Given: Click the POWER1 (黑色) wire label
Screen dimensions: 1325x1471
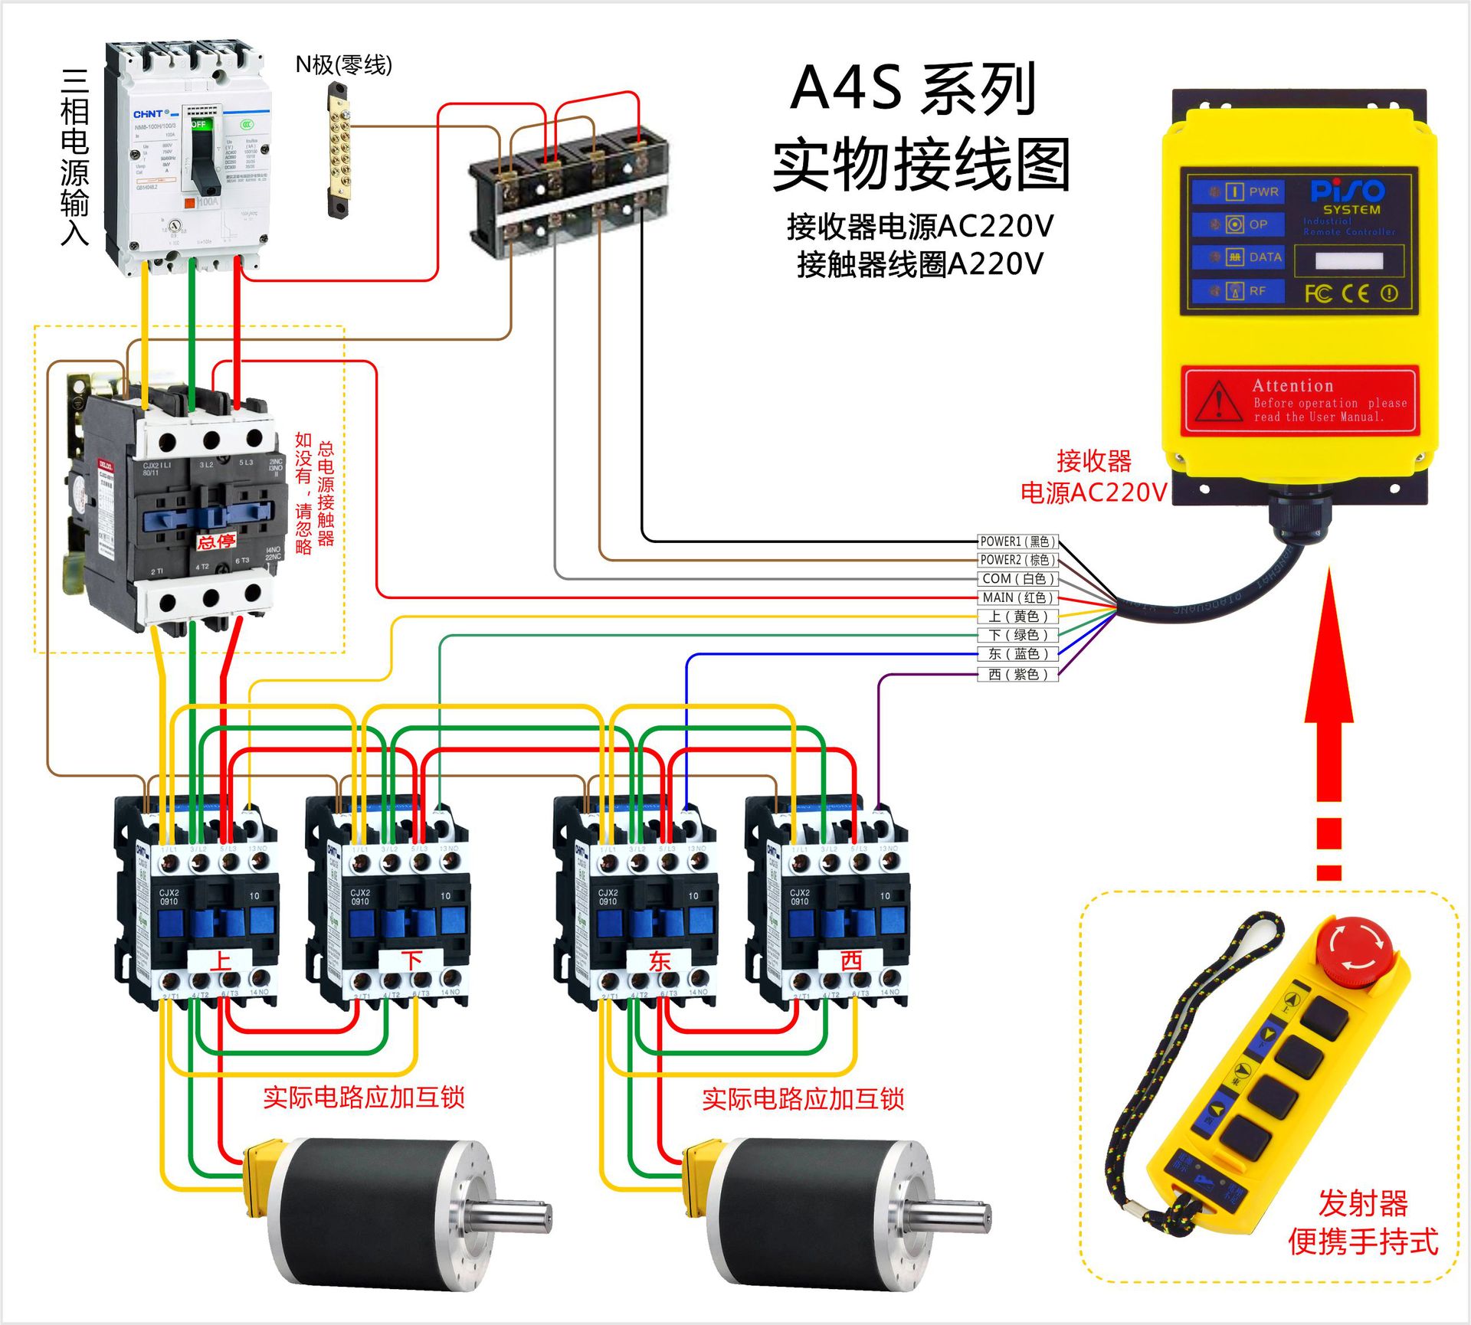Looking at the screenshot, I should (1017, 541).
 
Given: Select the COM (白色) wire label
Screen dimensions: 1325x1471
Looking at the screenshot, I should (1017, 579).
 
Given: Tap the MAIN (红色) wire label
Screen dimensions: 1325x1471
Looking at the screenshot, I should (1017, 597).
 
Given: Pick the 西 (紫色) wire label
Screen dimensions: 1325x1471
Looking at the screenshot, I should (1017, 675).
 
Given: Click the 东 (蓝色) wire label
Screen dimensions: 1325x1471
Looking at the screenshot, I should (1017, 654).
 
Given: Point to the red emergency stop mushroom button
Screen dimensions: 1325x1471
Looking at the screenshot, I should (1354, 950).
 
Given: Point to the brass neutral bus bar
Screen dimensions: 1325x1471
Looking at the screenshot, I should (338, 150).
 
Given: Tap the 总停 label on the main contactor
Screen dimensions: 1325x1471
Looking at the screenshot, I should (216, 542).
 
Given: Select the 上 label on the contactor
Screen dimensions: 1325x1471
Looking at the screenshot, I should (221, 960).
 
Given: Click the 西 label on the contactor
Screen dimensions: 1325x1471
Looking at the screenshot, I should (851, 960).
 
